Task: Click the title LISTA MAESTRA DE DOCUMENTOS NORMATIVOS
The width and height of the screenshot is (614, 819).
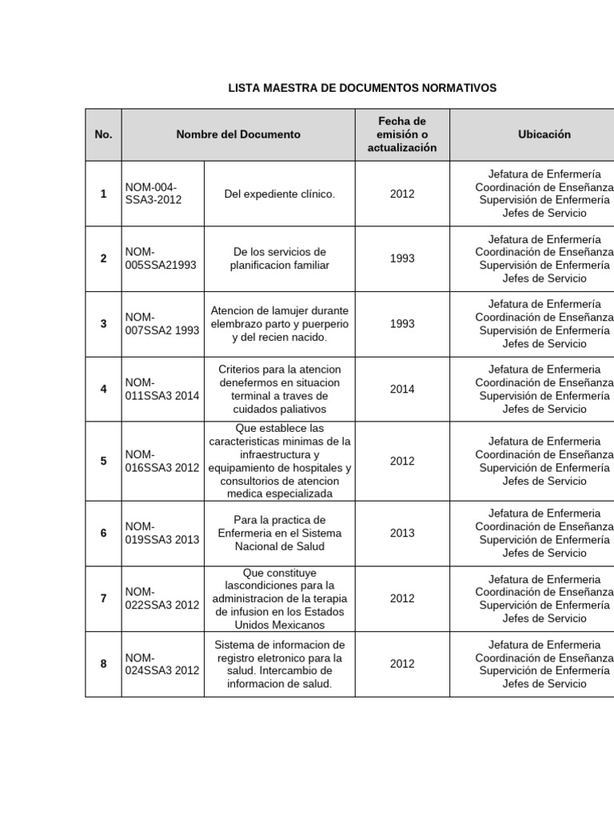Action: pyautogui.click(x=362, y=87)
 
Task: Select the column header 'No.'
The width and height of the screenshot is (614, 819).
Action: pyautogui.click(x=103, y=134)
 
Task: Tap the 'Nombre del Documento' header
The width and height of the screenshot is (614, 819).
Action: pyautogui.click(x=238, y=134)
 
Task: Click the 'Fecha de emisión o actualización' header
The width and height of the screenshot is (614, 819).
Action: pyautogui.click(x=402, y=134)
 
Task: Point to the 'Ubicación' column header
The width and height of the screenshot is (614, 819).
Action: pyautogui.click(x=544, y=134)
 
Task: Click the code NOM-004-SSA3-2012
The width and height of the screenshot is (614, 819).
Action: pyautogui.click(x=153, y=194)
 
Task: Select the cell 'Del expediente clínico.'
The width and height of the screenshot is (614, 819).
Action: pyautogui.click(x=279, y=194)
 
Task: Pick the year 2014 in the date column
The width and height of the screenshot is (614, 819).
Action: pyautogui.click(x=402, y=390)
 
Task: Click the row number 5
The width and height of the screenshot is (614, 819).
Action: pyautogui.click(x=103, y=461)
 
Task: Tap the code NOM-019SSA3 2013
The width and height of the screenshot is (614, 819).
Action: pyautogui.click(x=162, y=533)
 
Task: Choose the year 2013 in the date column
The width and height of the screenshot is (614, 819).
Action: pyautogui.click(x=402, y=533)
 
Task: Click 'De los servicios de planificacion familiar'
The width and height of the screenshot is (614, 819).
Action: pyautogui.click(x=279, y=258)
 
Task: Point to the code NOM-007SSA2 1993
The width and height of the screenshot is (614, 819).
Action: pyautogui.click(x=162, y=324)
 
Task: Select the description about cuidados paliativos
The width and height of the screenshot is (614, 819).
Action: pyautogui.click(x=279, y=390)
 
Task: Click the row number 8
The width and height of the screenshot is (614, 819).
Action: pyautogui.click(x=103, y=664)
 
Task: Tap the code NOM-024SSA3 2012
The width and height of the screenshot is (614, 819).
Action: pyautogui.click(x=162, y=664)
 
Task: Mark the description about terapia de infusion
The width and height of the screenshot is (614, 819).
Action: pyautogui.click(x=279, y=598)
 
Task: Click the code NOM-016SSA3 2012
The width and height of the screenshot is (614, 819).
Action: pyautogui.click(x=162, y=461)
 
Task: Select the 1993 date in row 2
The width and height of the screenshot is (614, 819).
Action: pyautogui.click(x=402, y=259)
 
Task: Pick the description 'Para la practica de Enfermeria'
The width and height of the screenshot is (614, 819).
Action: pyautogui.click(x=279, y=533)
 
